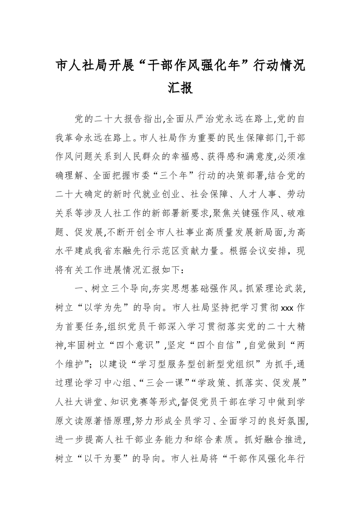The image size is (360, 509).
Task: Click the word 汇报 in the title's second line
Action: [x=180, y=87]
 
